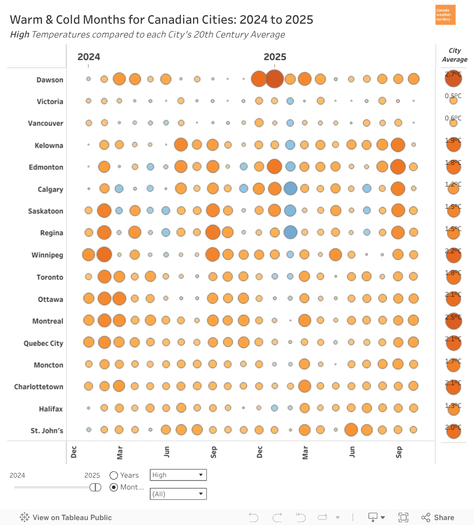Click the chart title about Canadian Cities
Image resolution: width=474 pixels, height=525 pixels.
tap(161, 20)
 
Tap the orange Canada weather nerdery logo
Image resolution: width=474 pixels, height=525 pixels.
tap(445, 15)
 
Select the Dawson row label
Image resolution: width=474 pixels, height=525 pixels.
tap(50, 80)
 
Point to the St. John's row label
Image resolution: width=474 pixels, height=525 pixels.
tap(47, 431)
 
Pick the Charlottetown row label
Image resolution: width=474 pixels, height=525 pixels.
tap(39, 387)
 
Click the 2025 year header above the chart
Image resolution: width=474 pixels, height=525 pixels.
tap(275, 57)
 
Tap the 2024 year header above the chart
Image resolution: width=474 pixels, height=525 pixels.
tap(89, 57)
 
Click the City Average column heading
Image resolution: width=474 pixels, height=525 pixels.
tap(454, 55)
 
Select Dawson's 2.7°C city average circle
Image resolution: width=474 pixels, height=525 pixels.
tap(453, 79)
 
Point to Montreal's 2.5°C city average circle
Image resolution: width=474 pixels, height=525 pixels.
tap(453, 321)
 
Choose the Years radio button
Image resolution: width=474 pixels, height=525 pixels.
tap(114, 475)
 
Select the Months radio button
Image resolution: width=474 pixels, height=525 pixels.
tap(114, 487)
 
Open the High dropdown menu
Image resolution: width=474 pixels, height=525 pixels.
tap(178, 475)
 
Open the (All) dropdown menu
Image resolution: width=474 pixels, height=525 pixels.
tap(178, 494)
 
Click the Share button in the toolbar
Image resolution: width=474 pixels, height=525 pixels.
tap(438, 518)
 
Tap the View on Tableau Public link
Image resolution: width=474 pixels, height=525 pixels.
tap(66, 518)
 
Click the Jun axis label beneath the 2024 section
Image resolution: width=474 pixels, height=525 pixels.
tap(167, 451)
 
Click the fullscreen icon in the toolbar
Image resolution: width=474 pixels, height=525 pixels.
tap(403, 518)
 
